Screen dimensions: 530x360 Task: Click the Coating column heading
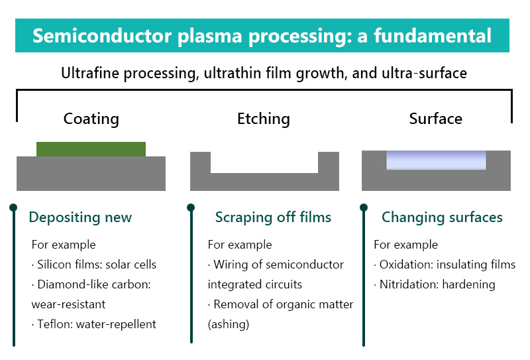click(91, 119)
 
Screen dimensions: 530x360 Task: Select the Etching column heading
click(264, 119)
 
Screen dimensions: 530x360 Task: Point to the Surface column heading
click(436, 119)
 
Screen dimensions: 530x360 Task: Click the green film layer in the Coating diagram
click(91, 149)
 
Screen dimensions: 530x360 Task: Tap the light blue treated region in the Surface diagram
click(436, 160)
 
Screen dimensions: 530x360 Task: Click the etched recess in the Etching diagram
click(264, 162)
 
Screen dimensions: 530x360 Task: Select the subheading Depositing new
click(80, 217)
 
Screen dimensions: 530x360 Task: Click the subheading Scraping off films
click(273, 217)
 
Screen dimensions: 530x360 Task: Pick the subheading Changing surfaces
click(442, 217)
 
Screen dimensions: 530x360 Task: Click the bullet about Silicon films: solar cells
click(94, 265)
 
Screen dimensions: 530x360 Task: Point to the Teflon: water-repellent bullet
click(94, 324)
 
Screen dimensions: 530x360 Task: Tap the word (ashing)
click(229, 324)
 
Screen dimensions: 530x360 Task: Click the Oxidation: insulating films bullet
click(445, 265)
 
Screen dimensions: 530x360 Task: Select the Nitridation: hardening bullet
click(435, 284)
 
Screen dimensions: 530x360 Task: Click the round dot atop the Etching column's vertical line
click(191, 208)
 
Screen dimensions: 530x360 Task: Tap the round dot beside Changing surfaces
click(364, 208)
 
